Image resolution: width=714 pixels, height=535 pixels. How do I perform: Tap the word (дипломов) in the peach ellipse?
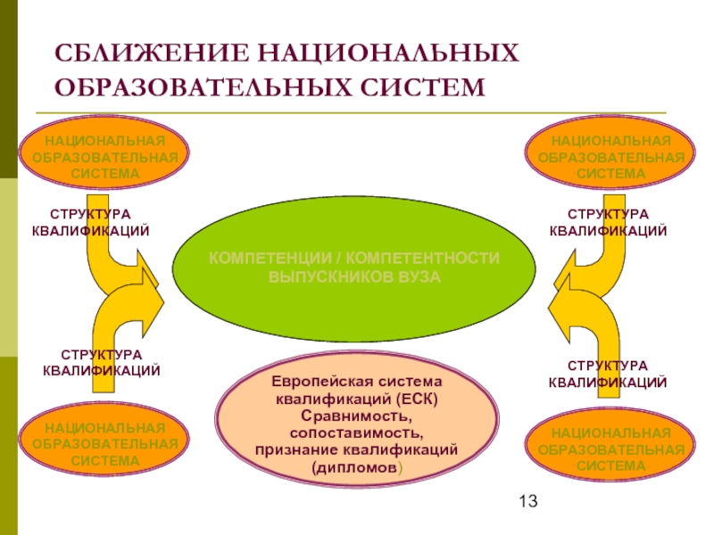click(x=357, y=466)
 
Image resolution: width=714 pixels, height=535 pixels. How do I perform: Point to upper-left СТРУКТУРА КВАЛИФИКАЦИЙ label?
click(x=90, y=223)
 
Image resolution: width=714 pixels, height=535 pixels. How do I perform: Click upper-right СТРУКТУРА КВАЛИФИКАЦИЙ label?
click(x=608, y=223)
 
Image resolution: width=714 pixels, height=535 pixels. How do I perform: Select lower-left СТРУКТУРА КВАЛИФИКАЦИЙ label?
click(x=102, y=363)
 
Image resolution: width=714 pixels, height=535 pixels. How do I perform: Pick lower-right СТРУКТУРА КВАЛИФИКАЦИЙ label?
click(x=608, y=374)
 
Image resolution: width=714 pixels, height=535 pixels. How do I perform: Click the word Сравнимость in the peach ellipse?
click(x=356, y=416)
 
